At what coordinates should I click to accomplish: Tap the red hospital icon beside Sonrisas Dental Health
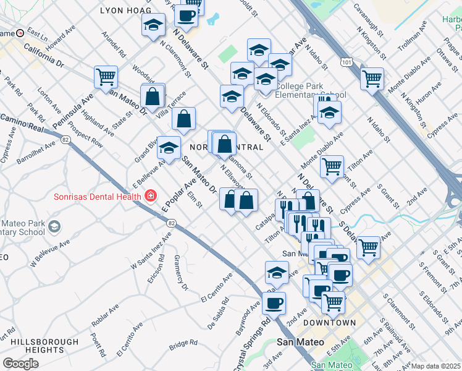point(149,196)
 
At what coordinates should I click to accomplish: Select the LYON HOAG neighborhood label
point(125,11)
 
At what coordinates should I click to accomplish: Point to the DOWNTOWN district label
point(329,323)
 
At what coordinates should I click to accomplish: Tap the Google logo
point(20,364)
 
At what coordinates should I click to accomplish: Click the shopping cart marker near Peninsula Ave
point(106,77)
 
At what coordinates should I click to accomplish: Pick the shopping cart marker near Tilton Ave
point(332,166)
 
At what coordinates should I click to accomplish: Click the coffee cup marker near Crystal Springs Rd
point(274,303)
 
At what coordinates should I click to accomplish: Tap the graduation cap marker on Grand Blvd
point(169,147)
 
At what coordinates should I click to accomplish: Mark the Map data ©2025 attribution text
point(436,366)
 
